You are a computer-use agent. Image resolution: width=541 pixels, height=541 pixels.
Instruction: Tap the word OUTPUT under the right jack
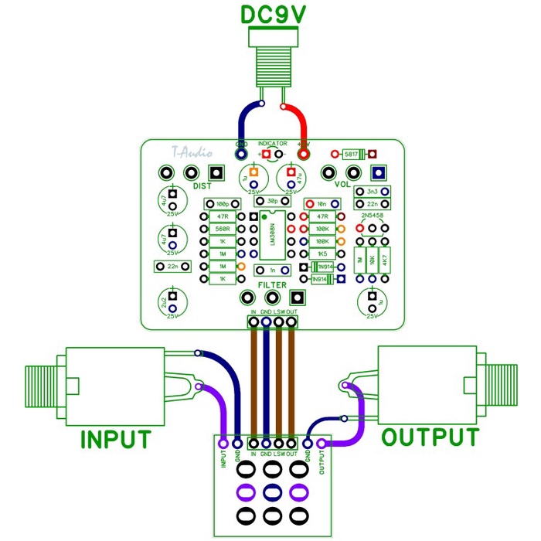click(x=430, y=437)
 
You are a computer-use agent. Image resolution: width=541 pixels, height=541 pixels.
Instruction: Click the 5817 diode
click(x=355, y=154)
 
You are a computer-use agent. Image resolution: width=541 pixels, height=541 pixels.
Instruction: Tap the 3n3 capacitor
click(x=372, y=191)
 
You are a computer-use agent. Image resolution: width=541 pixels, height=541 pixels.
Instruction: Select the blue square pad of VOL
click(x=378, y=173)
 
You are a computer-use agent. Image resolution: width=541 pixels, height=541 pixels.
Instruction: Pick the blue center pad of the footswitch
click(x=271, y=492)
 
